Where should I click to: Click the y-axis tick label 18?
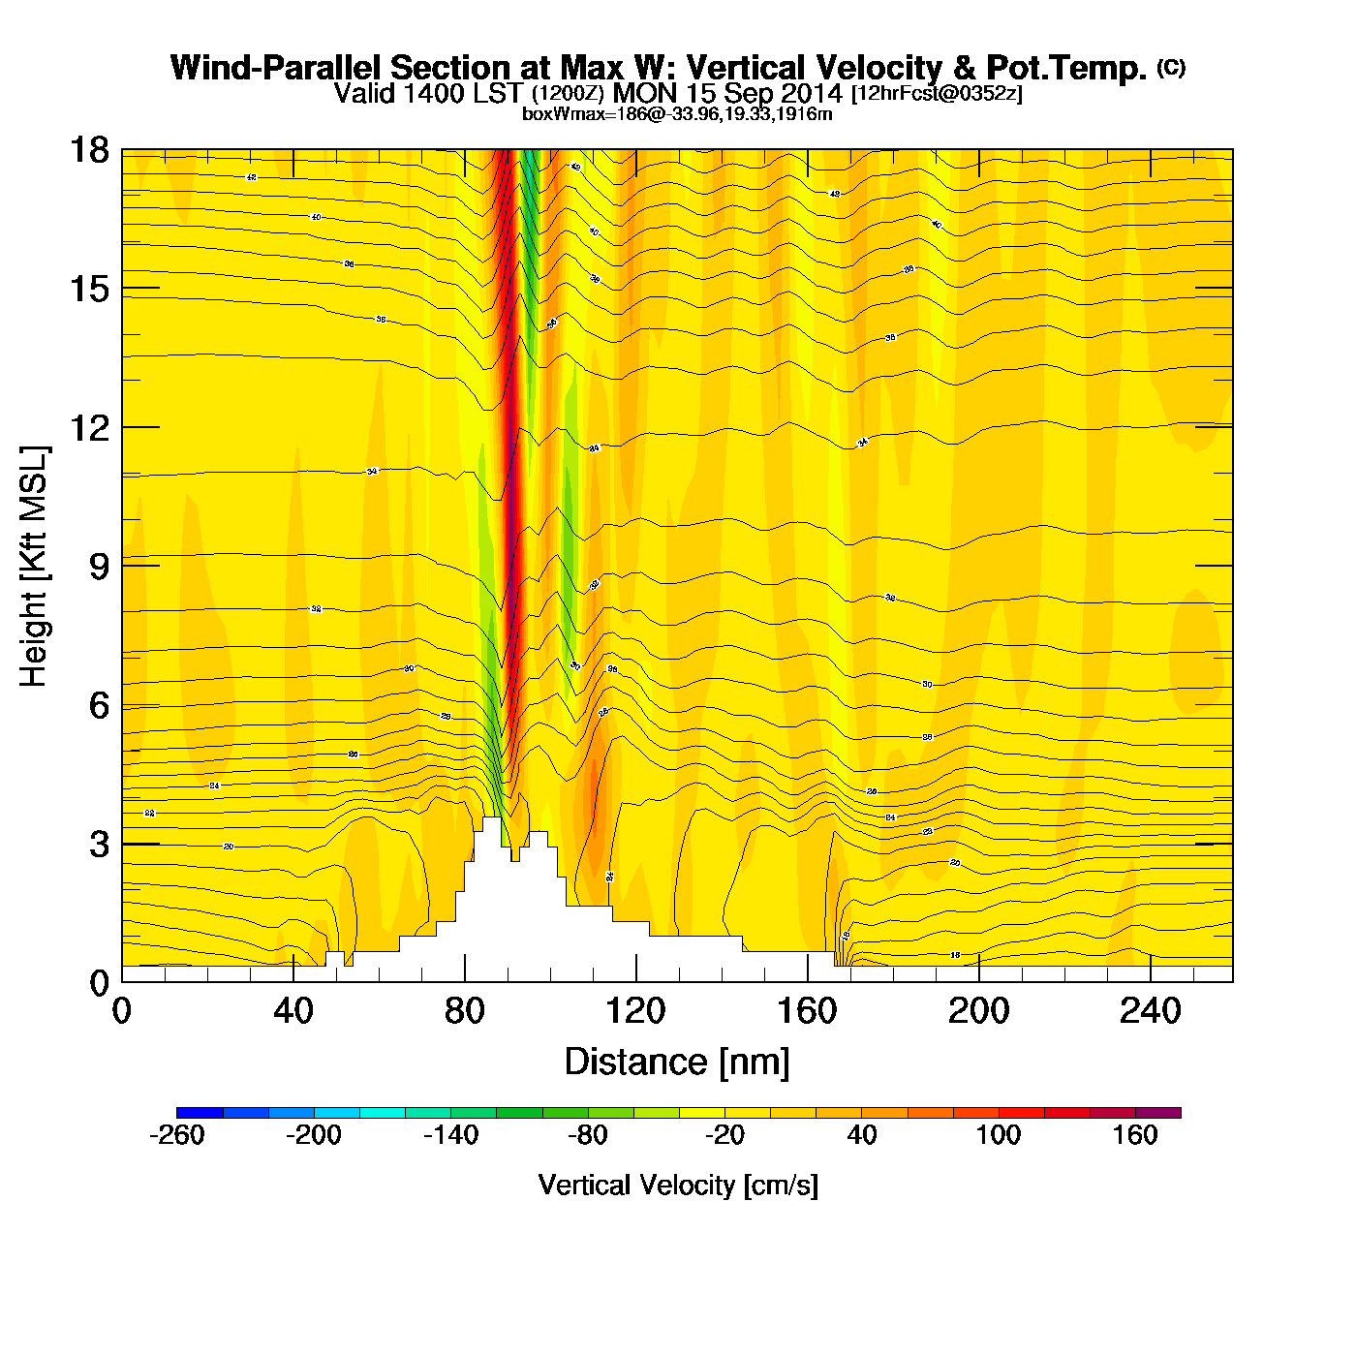88,150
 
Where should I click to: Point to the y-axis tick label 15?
88,289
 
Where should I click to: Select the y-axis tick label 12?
88,427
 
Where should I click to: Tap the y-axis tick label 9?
99,567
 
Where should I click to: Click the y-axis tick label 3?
99,845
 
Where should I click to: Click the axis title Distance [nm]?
677,1063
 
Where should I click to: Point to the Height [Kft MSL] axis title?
34,567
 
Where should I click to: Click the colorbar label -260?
177,1135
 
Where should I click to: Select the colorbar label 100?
999,1135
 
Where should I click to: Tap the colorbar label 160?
1135,1135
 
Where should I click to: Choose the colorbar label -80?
588,1135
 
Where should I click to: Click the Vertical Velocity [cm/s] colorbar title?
678,1185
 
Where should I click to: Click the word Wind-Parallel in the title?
277,68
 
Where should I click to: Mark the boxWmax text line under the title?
677,114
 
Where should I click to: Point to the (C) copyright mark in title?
1171,67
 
